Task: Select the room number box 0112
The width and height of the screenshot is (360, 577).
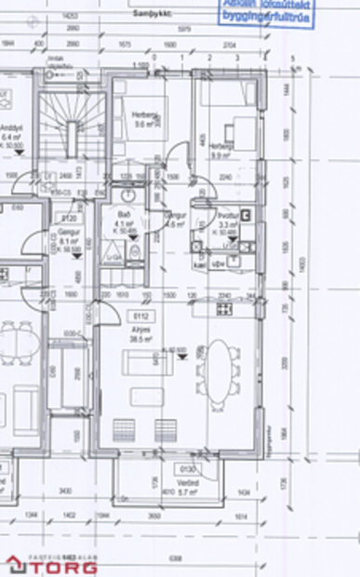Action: [140, 316]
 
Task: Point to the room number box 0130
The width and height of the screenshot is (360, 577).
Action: [188, 469]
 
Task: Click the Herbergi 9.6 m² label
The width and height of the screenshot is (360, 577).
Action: [145, 120]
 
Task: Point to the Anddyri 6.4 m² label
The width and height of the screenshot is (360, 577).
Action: [10, 131]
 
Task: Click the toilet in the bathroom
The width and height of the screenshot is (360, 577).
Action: [136, 251]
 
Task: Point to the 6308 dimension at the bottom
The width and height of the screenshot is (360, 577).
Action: [176, 558]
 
